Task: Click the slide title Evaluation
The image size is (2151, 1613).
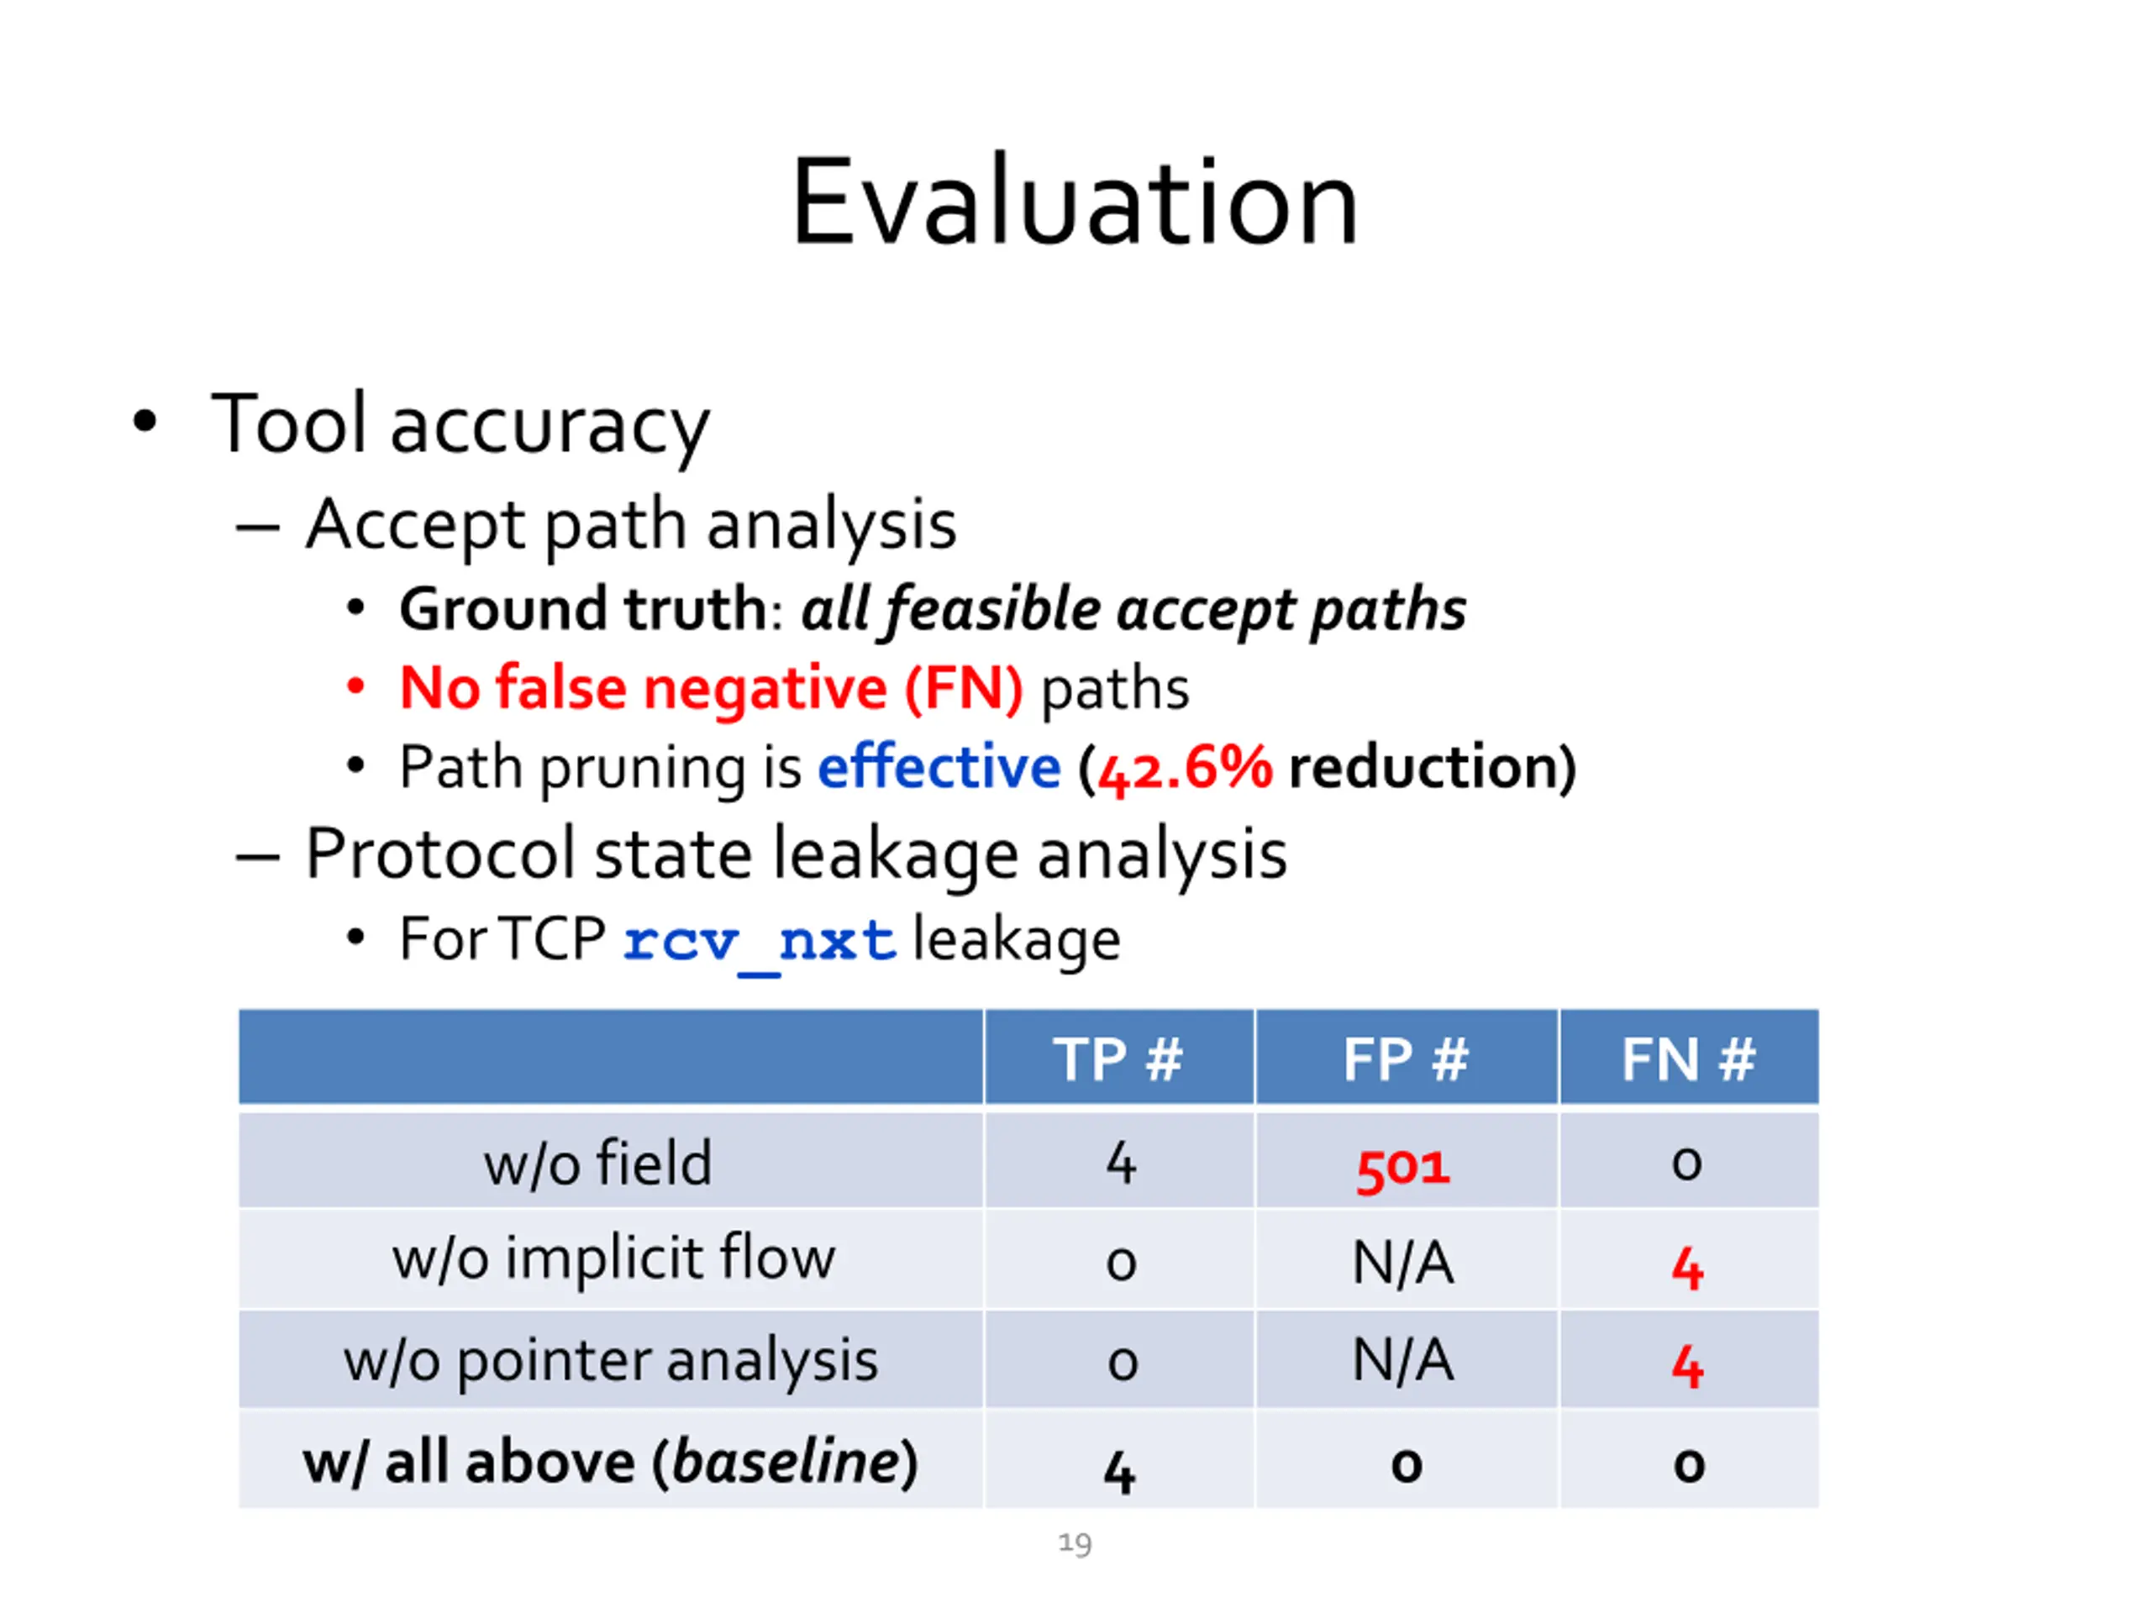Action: coord(1075,204)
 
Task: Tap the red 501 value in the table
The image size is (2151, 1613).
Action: coord(1403,1166)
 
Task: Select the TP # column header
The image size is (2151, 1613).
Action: coord(1118,1059)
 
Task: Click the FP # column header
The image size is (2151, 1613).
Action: coord(1405,1059)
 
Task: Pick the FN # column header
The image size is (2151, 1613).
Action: coord(1688,1059)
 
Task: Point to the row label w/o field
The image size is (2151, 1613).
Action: coord(598,1163)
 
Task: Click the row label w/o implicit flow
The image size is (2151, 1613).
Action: coord(613,1259)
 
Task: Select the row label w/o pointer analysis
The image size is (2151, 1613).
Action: coord(611,1360)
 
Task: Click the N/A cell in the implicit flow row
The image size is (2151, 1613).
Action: coord(1403,1263)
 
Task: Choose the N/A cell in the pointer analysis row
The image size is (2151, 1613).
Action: coord(1403,1360)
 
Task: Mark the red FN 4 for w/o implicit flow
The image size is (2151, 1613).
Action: coord(1687,1268)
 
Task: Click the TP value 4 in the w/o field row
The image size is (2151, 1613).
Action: coord(1120,1164)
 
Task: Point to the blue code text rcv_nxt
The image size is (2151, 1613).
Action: coord(759,942)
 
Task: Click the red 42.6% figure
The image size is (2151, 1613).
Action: coord(1183,769)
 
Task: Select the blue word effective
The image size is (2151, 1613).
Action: coord(939,767)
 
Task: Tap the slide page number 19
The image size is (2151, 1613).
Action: coord(1075,1543)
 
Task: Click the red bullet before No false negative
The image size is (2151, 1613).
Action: coord(356,687)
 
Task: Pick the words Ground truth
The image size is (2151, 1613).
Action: coord(583,610)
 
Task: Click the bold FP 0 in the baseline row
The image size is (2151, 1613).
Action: coord(1406,1464)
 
